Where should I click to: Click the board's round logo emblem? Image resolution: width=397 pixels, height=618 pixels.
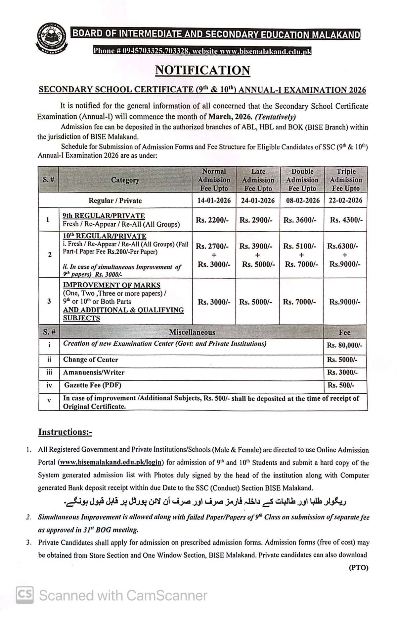coord(51,38)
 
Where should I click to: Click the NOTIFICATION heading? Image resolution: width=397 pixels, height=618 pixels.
coord(202,70)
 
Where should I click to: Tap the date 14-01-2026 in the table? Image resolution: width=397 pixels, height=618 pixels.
coord(214,200)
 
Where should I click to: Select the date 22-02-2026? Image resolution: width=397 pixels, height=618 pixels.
coord(345,200)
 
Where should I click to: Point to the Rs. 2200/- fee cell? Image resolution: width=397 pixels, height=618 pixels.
coord(212,220)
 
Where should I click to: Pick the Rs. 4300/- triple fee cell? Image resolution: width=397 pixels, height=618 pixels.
coord(346,220)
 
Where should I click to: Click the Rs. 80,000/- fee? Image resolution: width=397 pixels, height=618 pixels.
coord(345,345)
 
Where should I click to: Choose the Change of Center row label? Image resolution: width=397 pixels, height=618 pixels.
coord(91,360)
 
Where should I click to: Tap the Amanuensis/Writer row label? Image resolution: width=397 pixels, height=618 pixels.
coord(94,372)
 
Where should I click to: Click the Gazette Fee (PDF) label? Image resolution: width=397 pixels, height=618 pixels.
coord(93,385)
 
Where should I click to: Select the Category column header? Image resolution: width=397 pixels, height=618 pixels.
coord(125,180)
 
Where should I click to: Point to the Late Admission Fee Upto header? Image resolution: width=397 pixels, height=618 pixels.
coord(258,180)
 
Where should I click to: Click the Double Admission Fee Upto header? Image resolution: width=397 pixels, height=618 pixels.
coord(302,180)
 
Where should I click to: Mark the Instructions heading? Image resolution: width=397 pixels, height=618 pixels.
coord(65,432)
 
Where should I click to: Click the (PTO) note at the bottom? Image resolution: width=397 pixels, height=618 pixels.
coord(359,568)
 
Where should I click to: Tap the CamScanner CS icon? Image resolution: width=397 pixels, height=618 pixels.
coord(25,595)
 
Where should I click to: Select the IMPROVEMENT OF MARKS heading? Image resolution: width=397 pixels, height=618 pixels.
coord(112,285)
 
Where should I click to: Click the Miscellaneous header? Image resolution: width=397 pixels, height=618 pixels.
coord(192,332)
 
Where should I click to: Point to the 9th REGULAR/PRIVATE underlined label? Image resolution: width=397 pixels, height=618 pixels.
coord(104,216)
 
